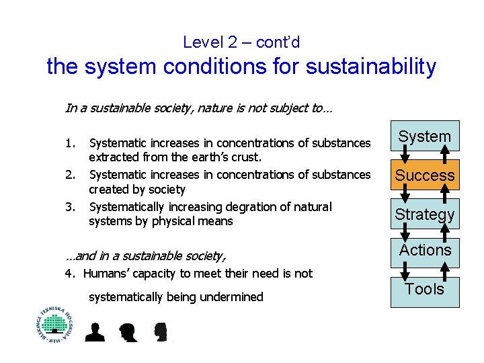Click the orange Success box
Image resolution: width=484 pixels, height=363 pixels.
(x=424, y=175)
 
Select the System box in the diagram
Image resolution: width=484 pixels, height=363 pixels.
(x=424, y=136)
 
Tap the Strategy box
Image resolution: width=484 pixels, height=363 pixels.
(x=424, y=214)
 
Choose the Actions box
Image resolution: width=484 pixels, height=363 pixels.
(x=424, y=251)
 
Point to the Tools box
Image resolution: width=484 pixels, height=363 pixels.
(x=424, y=290)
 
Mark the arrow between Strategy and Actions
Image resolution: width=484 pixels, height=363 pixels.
(x=406, y=232)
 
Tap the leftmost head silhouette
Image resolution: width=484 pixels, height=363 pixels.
(x=95, y=332)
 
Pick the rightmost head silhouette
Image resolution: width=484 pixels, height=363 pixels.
(x=160, y=332)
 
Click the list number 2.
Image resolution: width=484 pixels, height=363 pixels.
(x=70, y=174)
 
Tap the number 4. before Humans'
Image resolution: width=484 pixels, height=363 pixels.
(x=69, y=273)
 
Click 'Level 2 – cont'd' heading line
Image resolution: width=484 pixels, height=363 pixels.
(x=241, y=42)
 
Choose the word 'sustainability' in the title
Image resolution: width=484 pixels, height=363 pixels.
(x=364, y=67)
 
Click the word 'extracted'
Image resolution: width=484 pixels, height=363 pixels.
(x=112, y=157)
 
